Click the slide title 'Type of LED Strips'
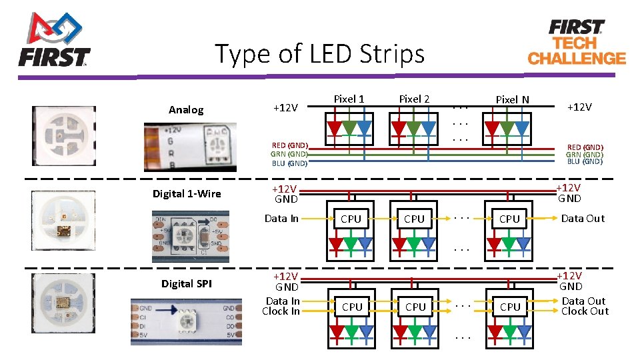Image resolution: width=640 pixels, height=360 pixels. click(x=319, y=53)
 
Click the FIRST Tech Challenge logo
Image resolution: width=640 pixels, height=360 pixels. click(x=577, y=41)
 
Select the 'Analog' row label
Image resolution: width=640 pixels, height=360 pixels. click(x=186, y=110)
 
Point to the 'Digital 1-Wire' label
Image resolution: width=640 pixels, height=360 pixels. click(x=187, y=194)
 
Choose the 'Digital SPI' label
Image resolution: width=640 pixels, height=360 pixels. click(x=187, y=283)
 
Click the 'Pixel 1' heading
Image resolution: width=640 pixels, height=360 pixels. click(x=349, y=99)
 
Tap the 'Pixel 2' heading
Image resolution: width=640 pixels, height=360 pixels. click(x=414, y=99)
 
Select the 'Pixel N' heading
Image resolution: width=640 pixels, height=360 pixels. click(x=512, y=99)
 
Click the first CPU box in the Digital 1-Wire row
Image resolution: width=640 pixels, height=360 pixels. click(x=351, y=219)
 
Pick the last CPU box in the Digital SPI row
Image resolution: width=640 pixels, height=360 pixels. click(x=510, y=307)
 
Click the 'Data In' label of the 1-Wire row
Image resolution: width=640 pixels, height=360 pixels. click(x=281, y=218)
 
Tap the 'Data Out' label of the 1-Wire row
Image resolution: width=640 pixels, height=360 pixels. click(x=583, y=218)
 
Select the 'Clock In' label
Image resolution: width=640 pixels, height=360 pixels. click(x=281, y=311)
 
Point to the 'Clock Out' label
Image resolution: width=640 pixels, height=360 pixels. click(x=585, y=311)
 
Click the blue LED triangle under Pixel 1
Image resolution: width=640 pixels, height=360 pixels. click(x=364, y=128)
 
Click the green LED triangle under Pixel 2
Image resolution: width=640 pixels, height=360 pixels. click(x=414, y=128)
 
